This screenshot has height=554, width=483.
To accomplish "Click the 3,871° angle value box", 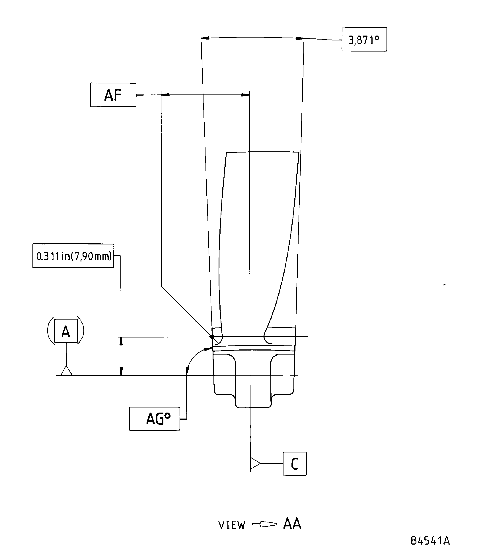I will click(364, 40).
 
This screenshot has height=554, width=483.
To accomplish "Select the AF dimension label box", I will click(113, 95).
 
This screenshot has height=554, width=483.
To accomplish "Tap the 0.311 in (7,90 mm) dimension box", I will click(73, 256).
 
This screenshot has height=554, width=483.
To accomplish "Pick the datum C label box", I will click(295, 464).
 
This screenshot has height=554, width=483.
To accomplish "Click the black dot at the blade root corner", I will click(212, 337).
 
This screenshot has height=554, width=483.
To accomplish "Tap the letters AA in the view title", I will click(292, 524).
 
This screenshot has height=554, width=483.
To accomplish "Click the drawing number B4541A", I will click(430, 541).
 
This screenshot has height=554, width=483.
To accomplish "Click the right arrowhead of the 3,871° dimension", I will click(299, 38).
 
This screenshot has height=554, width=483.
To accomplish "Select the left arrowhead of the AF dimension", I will click(166, 95).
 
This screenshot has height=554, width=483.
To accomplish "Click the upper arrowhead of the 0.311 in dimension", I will click(121, 341).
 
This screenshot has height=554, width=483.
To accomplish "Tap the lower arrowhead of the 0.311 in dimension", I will click(121, 371).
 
